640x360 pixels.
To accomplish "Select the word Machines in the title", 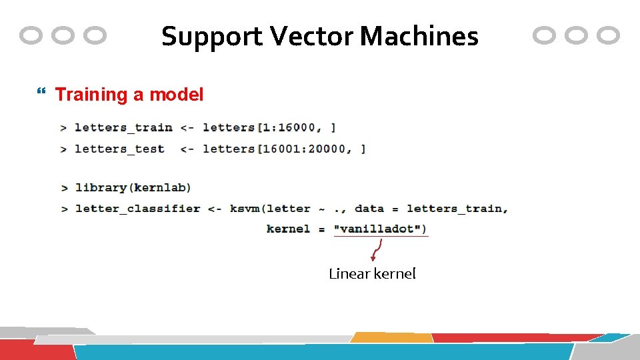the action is (419, 36).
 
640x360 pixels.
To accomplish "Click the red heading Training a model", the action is (129, 95).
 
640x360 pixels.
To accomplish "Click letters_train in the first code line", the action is (123, 127).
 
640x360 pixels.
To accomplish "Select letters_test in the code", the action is (119, 149).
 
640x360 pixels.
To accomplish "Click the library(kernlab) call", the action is (133, 187).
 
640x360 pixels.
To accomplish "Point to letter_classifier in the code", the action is (138, 209).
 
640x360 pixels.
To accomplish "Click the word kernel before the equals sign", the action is (288, 229).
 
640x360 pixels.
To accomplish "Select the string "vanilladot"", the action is (378, 229).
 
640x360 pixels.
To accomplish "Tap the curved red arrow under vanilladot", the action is (376, 249).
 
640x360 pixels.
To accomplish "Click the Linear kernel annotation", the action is (372, 273).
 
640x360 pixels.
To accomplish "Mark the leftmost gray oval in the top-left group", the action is (31, 35).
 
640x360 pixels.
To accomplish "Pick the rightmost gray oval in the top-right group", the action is (608, 35).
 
